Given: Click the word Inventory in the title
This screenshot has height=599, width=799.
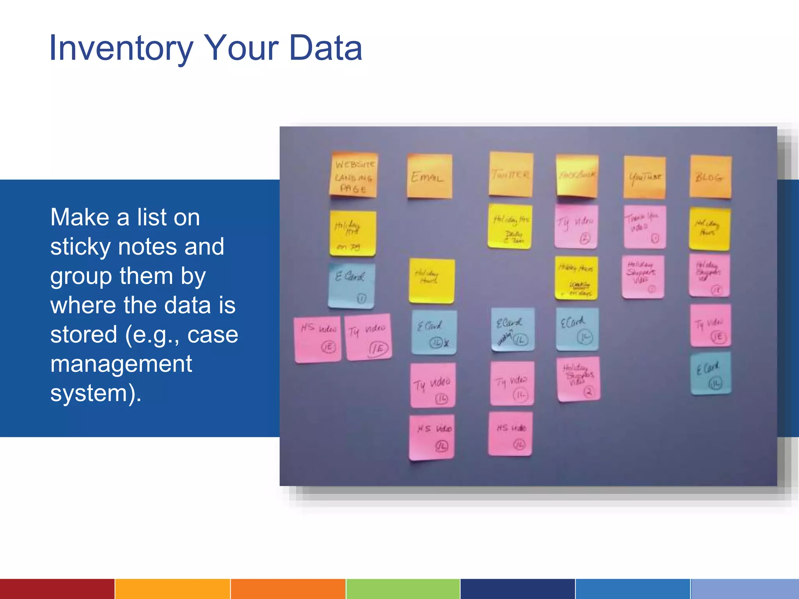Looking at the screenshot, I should (121, 48).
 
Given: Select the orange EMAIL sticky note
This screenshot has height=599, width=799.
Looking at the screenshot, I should (430, 176).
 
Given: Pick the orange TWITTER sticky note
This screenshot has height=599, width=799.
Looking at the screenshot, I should (511, 174).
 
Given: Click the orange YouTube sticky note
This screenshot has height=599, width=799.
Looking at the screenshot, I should (645, 177).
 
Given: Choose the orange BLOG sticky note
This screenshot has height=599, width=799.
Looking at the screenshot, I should (710, 177).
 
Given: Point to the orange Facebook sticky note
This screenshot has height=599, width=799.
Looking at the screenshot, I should (577, 176).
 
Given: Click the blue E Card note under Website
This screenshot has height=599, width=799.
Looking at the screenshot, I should (352, 285).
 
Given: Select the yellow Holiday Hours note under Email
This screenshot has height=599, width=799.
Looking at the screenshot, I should (431, 280).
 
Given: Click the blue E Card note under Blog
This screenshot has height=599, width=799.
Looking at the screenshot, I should (710, 374).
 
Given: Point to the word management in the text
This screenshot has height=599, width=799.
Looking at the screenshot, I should (121, 364).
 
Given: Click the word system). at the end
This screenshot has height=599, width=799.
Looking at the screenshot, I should (96, 393).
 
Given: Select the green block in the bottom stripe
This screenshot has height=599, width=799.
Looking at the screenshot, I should (403, 589).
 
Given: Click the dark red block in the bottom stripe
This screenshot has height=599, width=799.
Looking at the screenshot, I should (57, 589).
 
